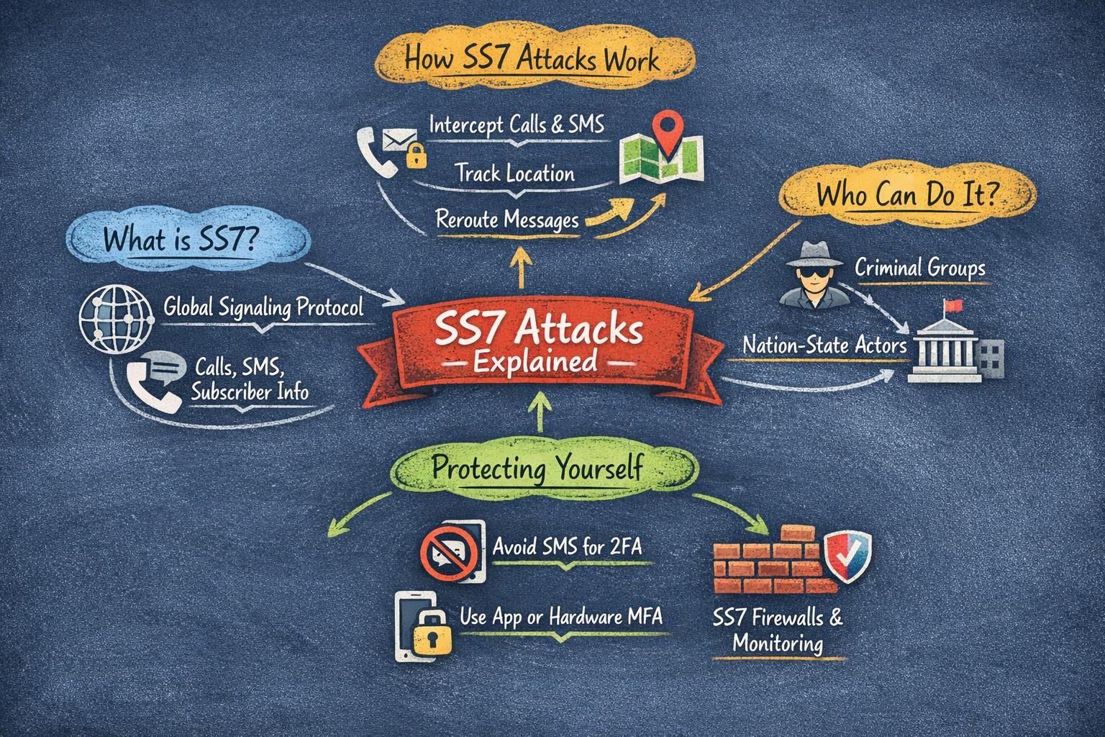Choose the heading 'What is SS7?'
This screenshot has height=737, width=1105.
181,240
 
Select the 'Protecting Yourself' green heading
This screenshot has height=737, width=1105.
537,467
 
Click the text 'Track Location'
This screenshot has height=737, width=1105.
515,173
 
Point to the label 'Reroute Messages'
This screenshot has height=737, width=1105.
507,220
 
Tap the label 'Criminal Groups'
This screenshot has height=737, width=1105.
919,268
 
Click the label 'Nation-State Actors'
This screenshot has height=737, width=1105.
824,345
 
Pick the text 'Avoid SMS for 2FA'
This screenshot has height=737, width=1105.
568,546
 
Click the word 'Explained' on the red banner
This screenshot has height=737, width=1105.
535,362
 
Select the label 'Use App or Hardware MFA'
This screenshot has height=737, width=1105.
561,617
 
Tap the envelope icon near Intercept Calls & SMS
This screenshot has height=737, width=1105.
400,140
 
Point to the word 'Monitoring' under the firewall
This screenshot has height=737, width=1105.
778,643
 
